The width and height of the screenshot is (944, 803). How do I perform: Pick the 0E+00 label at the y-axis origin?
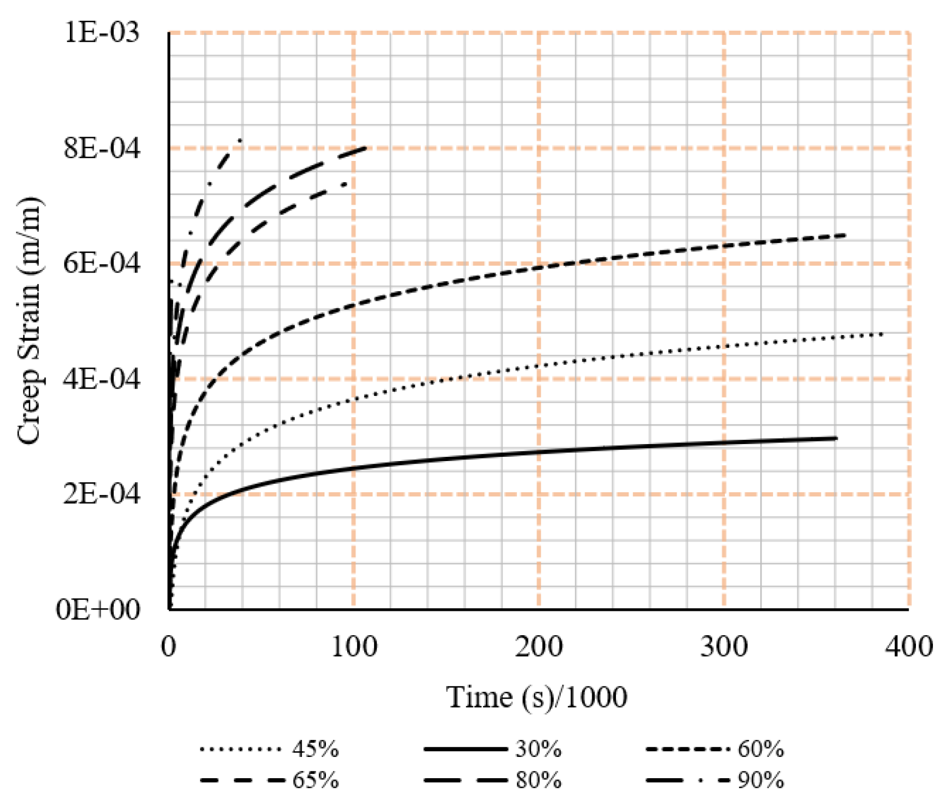pyautogui.click(x=99, y=610)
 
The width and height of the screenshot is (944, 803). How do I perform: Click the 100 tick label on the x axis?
pyautogui.click(x=354, y=647)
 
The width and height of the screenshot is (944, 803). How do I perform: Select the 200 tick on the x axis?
pyautogui.click(x=539, y=647)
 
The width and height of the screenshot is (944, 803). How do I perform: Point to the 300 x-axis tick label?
pyautogui.click(x=723, y=647)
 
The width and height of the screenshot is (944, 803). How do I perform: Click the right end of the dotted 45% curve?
pyautogui.click(x=882, y=333)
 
